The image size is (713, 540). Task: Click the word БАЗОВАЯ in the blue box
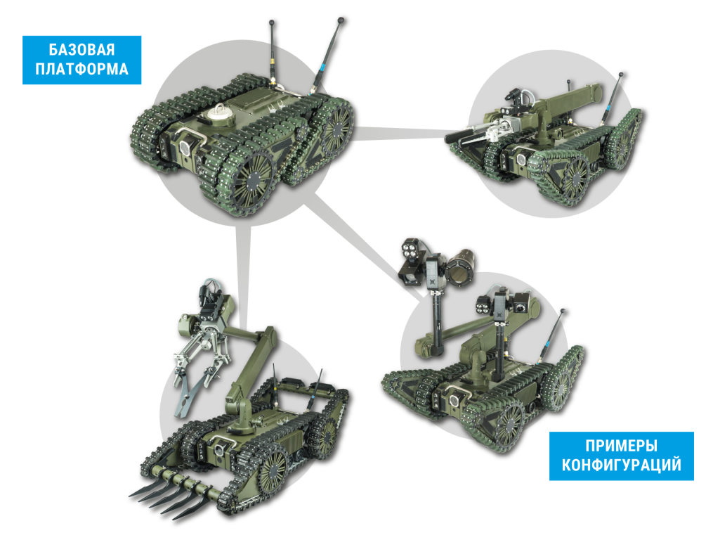[82, 50]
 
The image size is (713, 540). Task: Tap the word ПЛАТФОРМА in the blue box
[82, 69]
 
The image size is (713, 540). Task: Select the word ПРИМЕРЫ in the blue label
[621, 445]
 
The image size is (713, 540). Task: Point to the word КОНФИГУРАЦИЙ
[621, 465]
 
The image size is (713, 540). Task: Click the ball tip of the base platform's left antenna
[271, 22]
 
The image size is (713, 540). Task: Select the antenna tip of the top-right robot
[621, 75]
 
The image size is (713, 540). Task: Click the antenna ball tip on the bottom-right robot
[562, 311]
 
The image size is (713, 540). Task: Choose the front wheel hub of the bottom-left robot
[273, 469]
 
